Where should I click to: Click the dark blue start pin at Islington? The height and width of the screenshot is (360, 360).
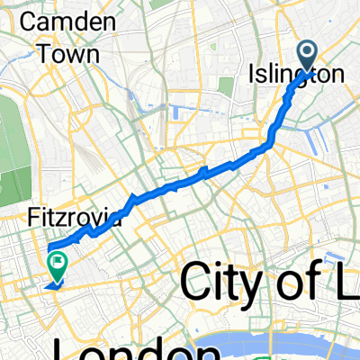(308, 58)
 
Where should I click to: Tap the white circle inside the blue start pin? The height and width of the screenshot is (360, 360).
(308, 55)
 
